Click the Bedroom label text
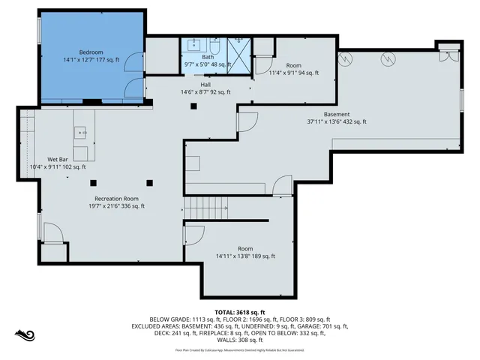pos(91,52)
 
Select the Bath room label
pos(208,56)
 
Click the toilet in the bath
pos(214,44)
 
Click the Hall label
pos(205,84)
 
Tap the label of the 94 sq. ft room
pos(293,66)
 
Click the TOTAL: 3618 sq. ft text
pos(240,312)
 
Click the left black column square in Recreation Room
pos(93,181)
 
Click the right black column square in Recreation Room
pos(149,181)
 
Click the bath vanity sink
pos(193,45)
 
